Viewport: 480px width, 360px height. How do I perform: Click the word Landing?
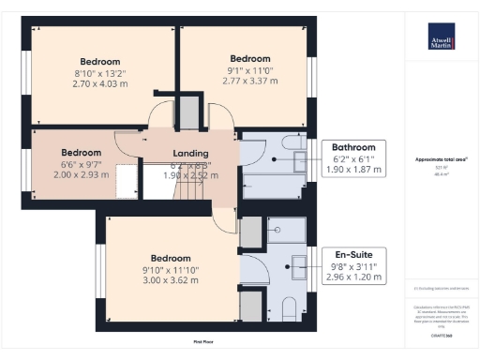point(191,154)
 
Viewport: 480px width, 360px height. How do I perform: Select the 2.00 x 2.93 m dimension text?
point(81,175)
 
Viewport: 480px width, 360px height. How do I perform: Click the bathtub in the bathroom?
point(272,188)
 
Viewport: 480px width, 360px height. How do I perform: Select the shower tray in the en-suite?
point(282,229)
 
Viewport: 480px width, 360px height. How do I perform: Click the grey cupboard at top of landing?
point(188,112)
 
